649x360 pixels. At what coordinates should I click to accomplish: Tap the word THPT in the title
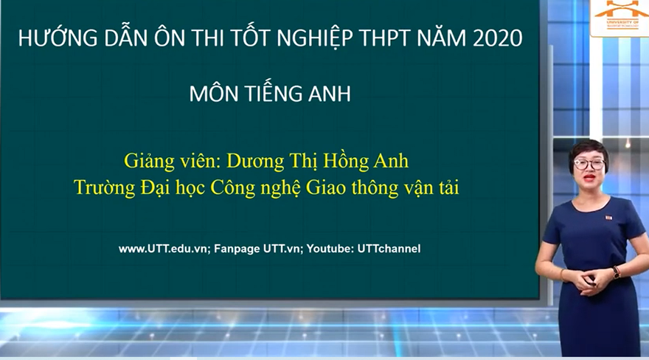click(x=383, y=39)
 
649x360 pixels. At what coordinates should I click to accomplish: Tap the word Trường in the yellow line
click(x=104, y=187)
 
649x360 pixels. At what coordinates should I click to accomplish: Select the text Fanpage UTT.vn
click(x=258, y=249)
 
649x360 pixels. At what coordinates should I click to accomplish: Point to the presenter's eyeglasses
click(x=589, y=164)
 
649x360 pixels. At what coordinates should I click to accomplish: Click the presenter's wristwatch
click(x=616, y=272)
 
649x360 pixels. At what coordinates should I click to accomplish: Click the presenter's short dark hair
click(x=588, y=147)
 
